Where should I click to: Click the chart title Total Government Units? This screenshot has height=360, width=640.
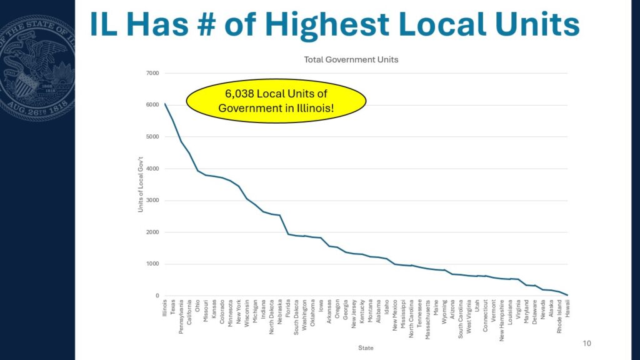point(351,59)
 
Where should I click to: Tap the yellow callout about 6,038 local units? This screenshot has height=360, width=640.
point(276,101)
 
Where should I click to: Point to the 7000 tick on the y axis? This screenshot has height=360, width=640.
point(152,74)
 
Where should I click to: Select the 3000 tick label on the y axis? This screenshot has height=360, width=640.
point(152,201)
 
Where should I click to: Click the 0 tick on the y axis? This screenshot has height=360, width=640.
point(157,296)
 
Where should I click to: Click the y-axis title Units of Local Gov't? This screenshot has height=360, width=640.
point(141,184)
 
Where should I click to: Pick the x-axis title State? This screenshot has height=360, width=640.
point(366,347)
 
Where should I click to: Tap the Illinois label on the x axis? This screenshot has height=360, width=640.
point(165,308)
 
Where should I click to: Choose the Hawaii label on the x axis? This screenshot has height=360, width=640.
point(567,308)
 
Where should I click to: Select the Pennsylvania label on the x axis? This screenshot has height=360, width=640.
point(181,317)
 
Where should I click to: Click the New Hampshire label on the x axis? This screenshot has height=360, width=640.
point(502,321)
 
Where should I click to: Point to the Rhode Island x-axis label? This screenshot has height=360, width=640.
point(559,316)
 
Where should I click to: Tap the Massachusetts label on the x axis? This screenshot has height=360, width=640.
point(427,319)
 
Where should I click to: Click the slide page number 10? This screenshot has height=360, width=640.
point(586,343)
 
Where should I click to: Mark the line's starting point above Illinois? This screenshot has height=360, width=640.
point(165,104)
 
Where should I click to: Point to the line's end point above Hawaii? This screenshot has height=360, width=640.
point(567,295)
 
